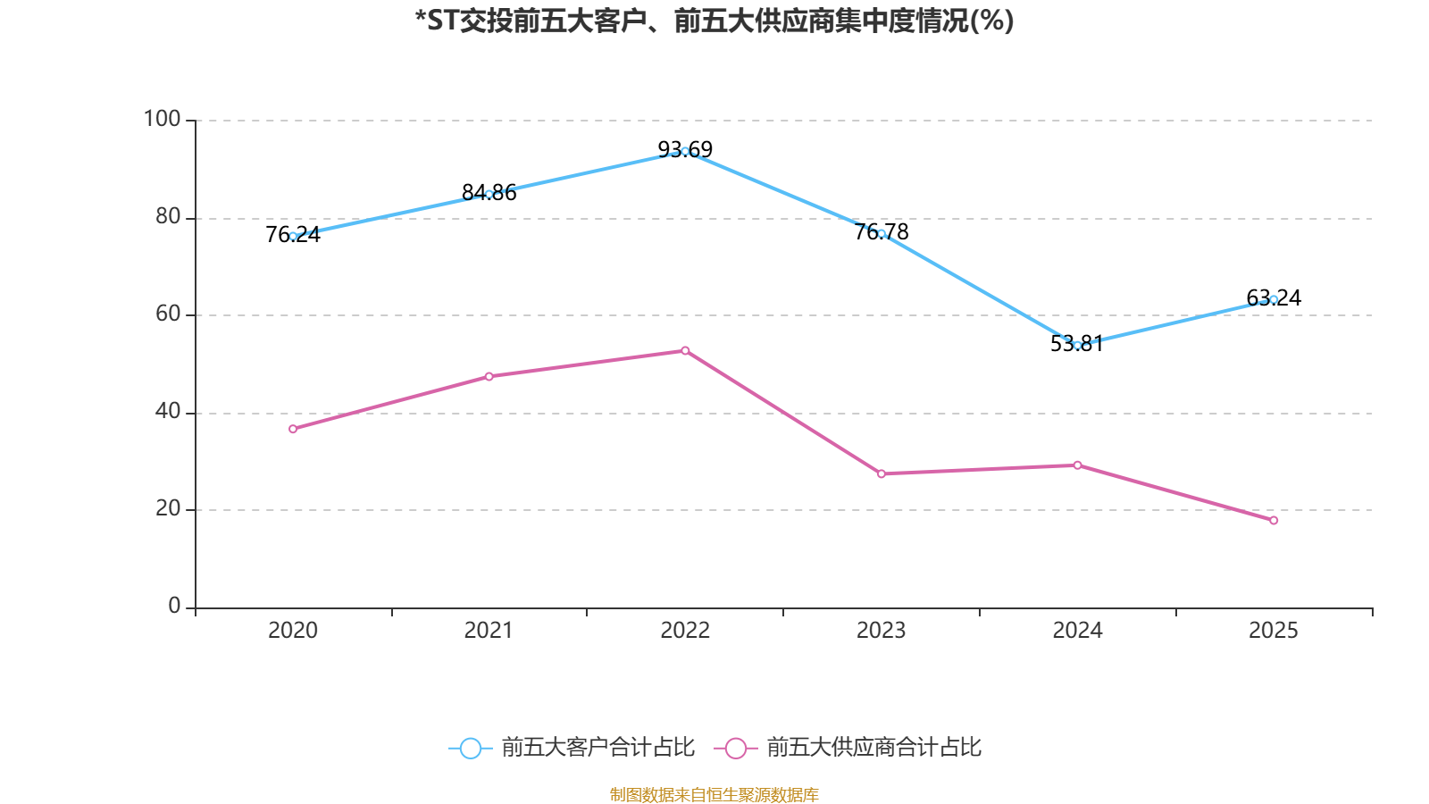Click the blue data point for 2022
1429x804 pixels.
(685, 151)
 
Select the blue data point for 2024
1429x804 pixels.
(1077, 345)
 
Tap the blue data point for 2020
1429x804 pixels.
(293, 236)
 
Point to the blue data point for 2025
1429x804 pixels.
(1274, 299)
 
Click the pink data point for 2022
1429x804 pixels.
(685, 350)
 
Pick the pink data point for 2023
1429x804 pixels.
(882, 473)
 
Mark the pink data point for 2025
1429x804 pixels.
(1274, 520)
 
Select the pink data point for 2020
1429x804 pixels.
(293, 429)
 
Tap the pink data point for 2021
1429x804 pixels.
(489, 376)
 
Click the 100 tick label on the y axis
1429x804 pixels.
(162, 119)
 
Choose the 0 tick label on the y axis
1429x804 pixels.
(174, 606)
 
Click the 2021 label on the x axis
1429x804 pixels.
(489, 631)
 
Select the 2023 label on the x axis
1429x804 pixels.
(882, 631)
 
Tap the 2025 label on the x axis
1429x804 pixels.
(1274, 631)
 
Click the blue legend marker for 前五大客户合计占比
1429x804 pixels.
(470, 748)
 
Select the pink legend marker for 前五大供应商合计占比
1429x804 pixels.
(736, 748)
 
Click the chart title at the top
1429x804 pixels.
(714, 21)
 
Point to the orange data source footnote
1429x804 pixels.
(714, 794)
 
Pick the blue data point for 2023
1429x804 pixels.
(882, 233)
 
